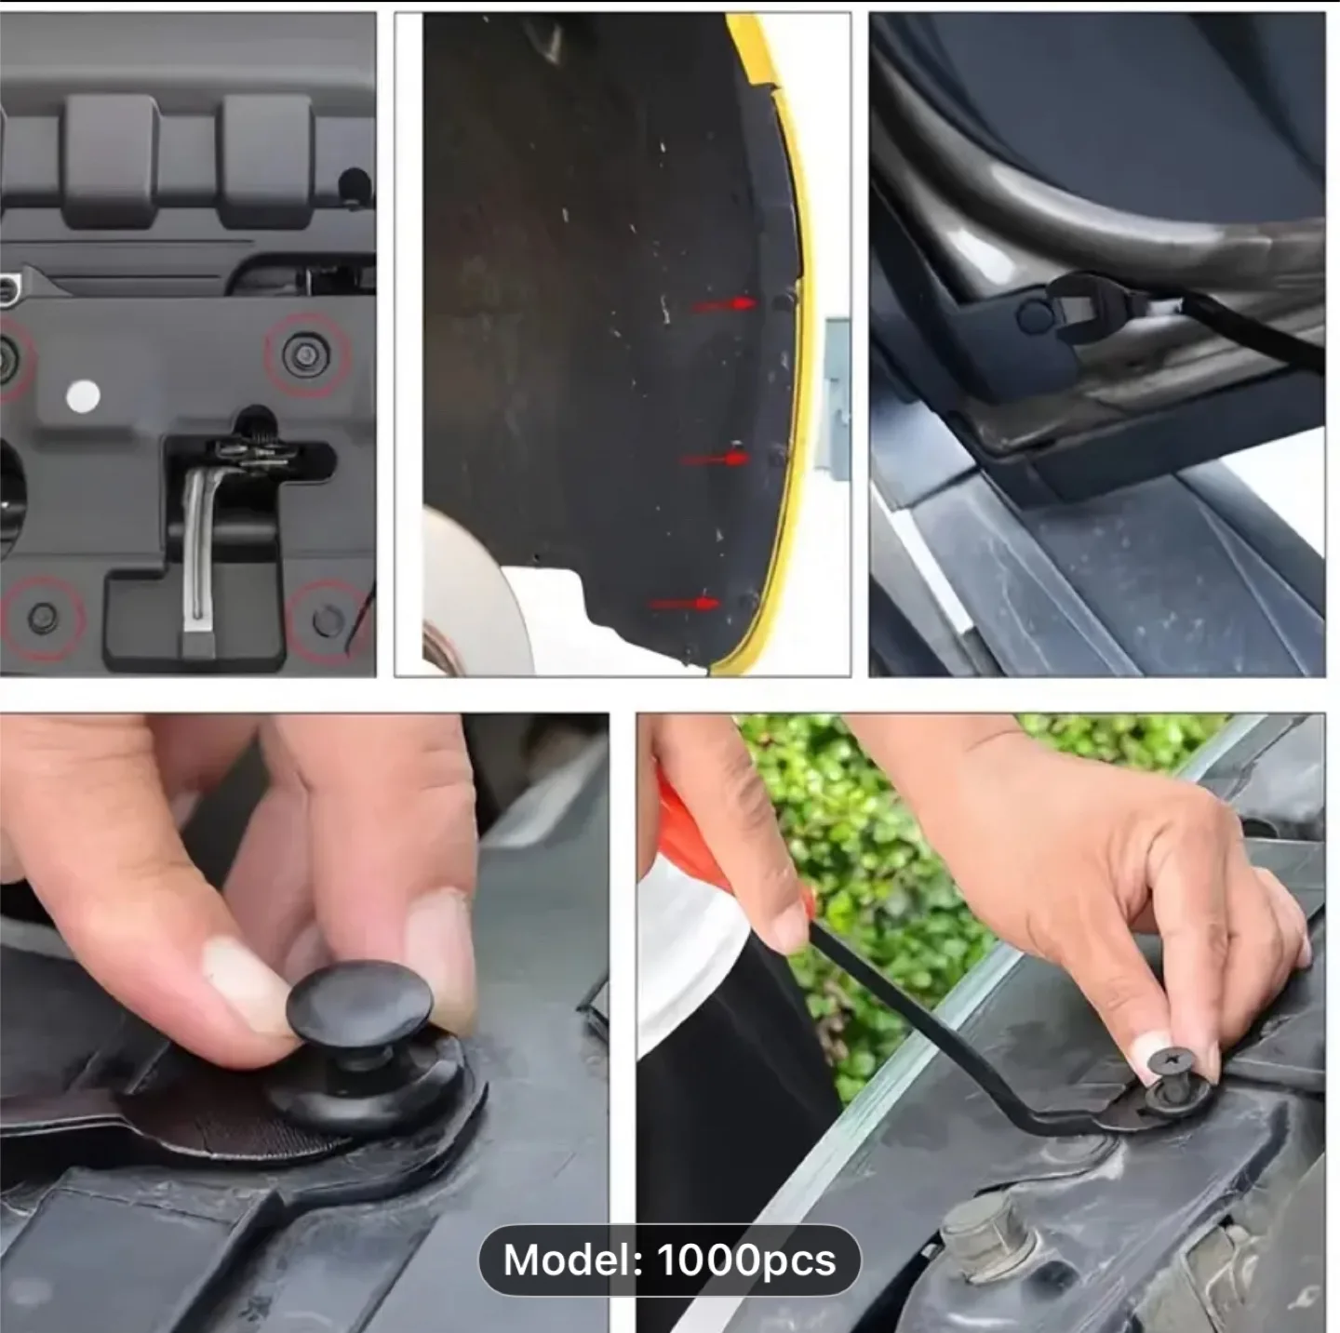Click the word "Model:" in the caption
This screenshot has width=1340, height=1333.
[573, 1260]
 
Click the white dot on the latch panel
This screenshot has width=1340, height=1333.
[83, 396]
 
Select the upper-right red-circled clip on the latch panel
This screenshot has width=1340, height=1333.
[306, 355]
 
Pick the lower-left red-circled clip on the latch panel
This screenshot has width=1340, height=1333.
[42, 618]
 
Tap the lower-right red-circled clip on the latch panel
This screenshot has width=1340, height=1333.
[327, 620]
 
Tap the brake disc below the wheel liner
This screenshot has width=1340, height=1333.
[475, 595]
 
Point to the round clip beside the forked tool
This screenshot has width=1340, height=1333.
[1036, 316]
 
